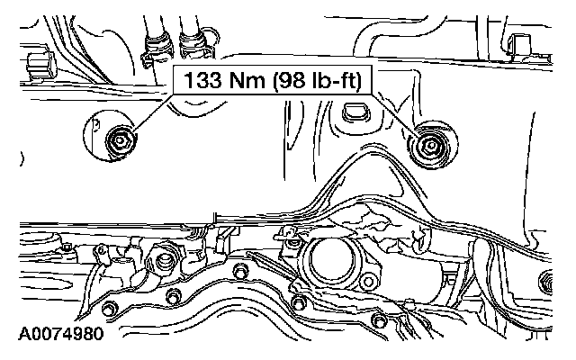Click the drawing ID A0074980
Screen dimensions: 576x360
tap(61, 334)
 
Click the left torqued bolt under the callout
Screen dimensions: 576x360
tap(119, 140)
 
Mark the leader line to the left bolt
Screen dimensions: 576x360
tap(153, 112)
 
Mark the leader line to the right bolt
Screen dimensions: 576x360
tap(394, 112)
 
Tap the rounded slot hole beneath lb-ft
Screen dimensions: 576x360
tap(356, 112)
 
